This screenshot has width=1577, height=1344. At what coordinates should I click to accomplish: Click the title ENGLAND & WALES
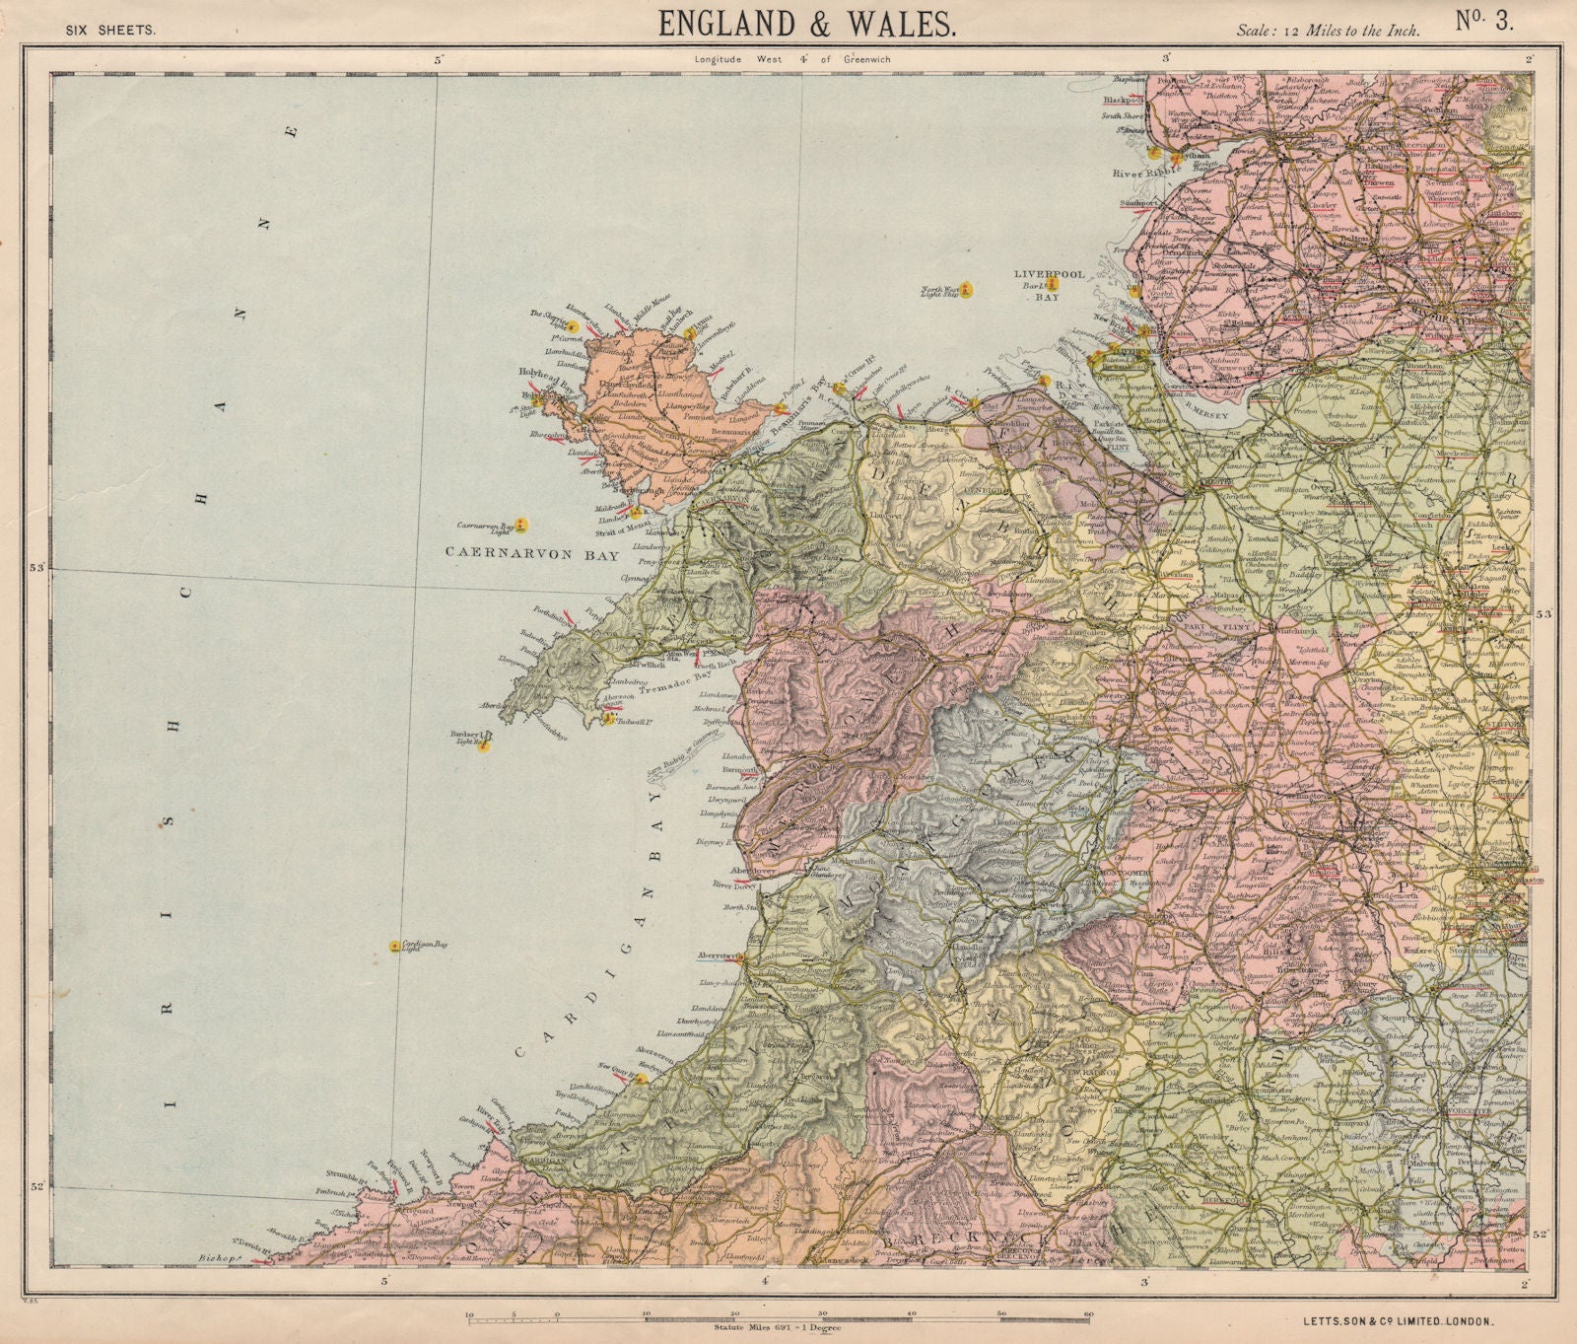click(x=805, y=25)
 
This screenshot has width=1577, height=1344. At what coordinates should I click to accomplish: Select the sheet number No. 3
click(x=1484, y=23)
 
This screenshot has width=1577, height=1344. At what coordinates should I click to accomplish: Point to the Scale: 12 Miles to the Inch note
click(x=1328, y=31)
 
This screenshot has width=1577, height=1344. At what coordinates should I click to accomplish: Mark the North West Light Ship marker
click(x=967, y=289)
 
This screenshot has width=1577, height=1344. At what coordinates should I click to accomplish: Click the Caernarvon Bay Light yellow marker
click(x=523, y=525)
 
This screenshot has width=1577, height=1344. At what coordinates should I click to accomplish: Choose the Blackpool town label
click(x=1121, y=100)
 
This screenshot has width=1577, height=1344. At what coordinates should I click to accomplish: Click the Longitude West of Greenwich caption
click(x=791, y=60)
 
